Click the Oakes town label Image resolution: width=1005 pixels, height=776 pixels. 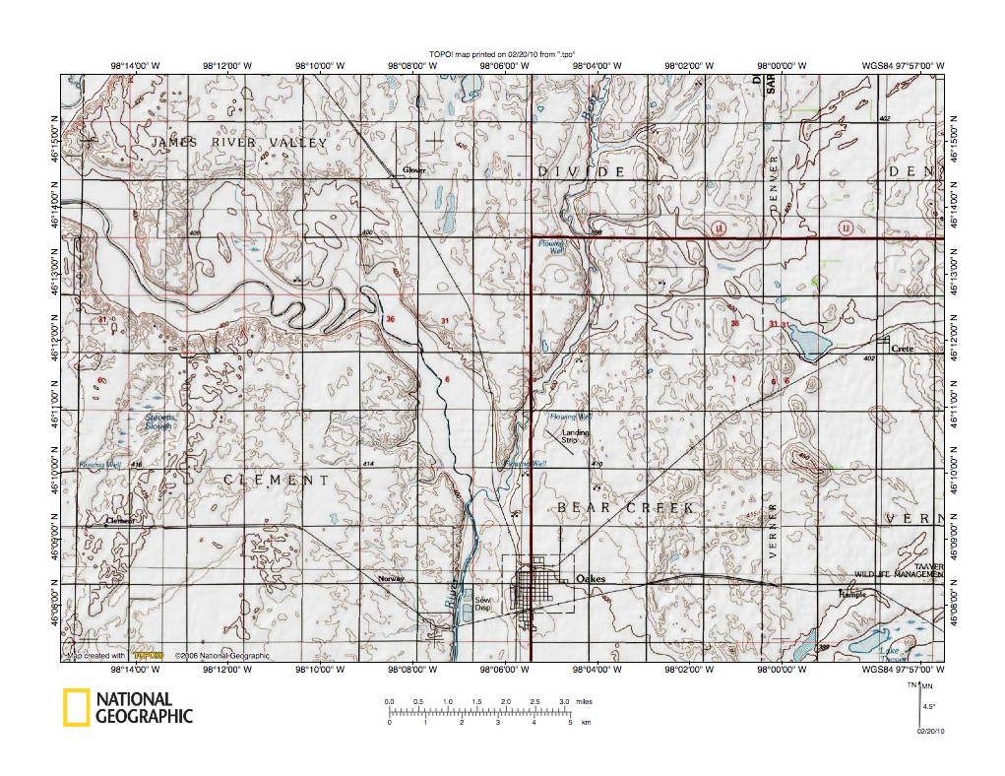pos(591,579)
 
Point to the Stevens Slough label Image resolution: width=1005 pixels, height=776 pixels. pos(160,421)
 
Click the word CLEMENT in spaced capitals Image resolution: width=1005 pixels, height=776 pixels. pos(276,481)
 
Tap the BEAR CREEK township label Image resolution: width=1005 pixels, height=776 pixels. pos(626,507)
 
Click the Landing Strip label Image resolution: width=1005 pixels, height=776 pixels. pos(576,436)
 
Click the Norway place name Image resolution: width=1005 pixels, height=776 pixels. pos(391,578)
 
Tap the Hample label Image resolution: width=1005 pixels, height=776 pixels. pos(851,595)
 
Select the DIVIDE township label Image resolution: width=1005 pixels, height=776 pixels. pos(581,172)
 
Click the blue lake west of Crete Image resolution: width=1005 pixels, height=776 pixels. pos(809,346)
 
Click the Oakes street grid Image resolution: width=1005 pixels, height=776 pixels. pos(538,589)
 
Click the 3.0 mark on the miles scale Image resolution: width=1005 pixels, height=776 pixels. pos(564,700)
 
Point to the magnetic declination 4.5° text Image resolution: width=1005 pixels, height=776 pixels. pos(927,706)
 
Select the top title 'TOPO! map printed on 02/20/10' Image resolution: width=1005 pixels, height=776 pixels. pos(502,54)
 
